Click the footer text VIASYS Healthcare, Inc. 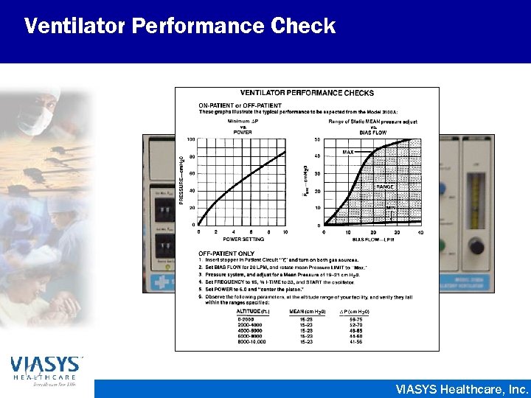point(462,388)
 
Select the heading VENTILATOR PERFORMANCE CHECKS point(307,94)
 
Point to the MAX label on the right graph point(348,152)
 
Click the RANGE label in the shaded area point(385,187)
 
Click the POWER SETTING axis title point(243,239)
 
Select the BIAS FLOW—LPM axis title point(373,239)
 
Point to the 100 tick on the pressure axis point(190,139)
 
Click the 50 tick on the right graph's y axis point(317,139)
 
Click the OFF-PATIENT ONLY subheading point(226,254)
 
